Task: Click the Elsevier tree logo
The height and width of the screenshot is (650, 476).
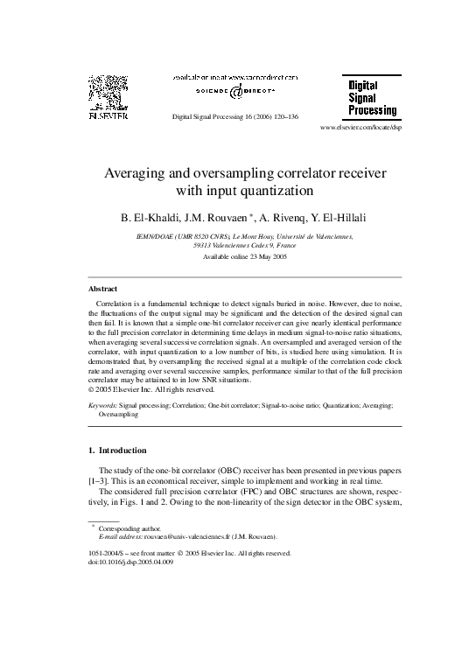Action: pos(107,93)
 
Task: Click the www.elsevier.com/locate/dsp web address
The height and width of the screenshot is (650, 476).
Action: pos(361,128)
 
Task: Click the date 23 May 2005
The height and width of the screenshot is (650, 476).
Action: pos(256,257)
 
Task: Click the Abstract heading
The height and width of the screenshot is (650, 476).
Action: pos(103,288)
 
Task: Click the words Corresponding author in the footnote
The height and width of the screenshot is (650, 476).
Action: pos(129,528)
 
